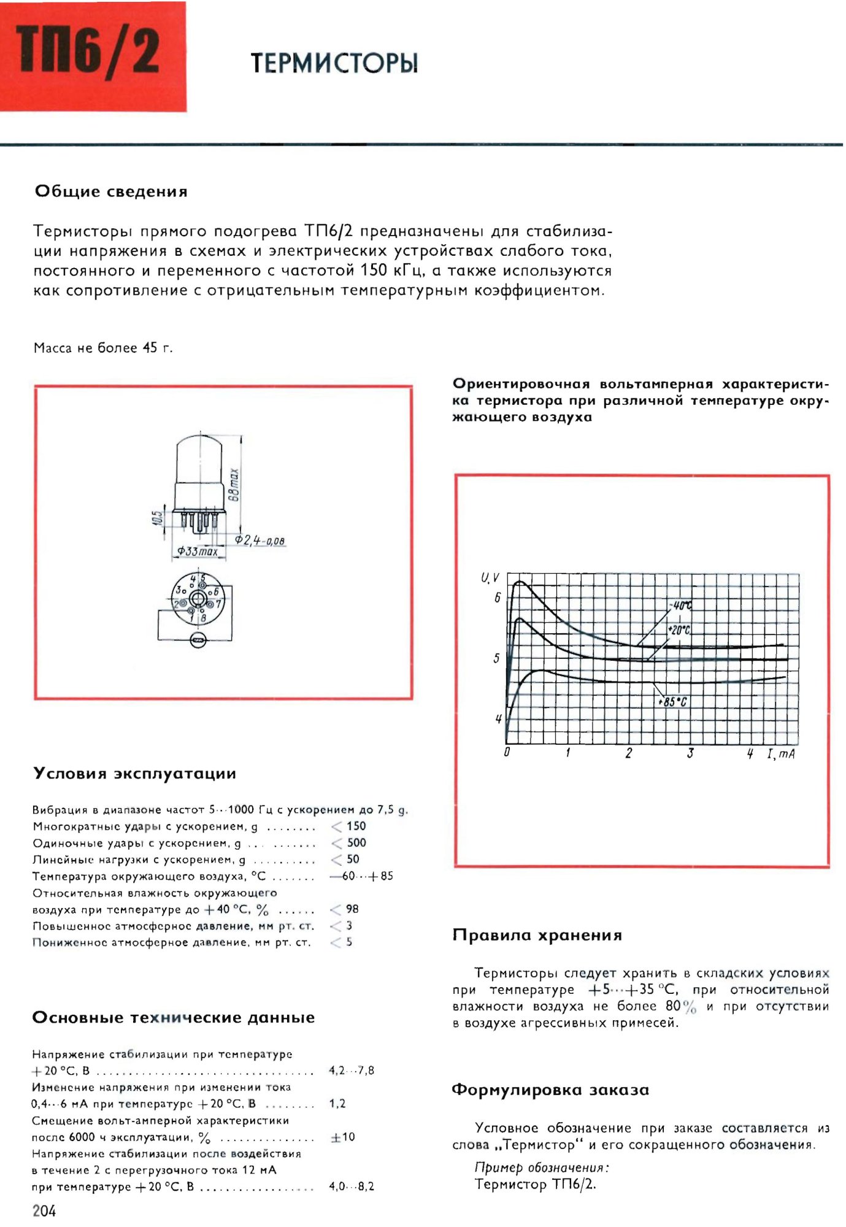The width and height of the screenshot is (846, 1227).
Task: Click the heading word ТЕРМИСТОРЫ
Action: pos(334,63)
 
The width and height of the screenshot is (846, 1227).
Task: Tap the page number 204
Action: pos(44,1210)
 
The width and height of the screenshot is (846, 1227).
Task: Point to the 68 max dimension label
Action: pos(234,485)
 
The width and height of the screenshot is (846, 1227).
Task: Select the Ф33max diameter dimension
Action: pos(198,552)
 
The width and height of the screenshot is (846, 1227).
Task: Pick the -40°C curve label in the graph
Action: pos(682,606)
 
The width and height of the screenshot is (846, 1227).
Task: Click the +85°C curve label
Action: pos(673,702)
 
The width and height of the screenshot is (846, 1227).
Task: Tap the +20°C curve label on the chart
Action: pos(679,630)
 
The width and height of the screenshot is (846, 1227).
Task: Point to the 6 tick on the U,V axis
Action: pos(497,598)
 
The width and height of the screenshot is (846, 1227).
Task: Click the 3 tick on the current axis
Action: pos(690,753)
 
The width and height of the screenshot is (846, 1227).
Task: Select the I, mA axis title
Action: pos(780,754)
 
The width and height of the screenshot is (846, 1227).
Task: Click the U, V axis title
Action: pos(490,578)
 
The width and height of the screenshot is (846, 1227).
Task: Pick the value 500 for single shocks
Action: pos(356,843)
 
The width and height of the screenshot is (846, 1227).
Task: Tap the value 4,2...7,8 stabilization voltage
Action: pos(352,1071)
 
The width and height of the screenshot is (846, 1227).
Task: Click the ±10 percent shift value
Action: pos(343,1137)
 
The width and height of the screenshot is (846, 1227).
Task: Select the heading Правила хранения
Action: pos(537,935)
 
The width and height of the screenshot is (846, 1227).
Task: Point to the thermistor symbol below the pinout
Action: pos(198,642)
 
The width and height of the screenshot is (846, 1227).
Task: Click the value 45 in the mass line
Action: pos(150,348)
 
